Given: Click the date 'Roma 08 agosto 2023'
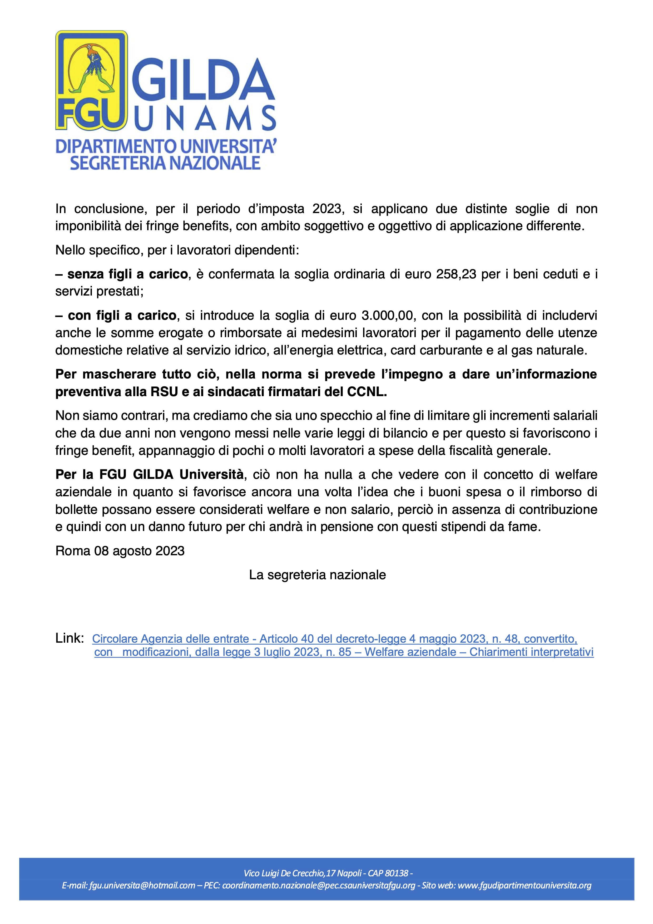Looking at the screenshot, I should [120, 551].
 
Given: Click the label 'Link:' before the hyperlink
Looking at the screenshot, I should [70, 638].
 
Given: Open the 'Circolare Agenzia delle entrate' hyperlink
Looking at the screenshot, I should [335, 639].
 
